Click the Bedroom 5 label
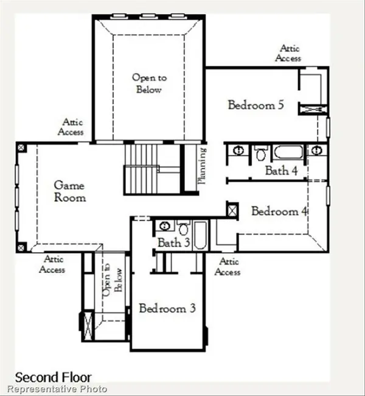255,105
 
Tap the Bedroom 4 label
279,211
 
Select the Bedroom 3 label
167,308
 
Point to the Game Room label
69,191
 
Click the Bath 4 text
280,171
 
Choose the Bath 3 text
173,242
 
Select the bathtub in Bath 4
288,152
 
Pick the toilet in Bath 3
183,228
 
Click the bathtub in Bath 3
200,236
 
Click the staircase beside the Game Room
143,169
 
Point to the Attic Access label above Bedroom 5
288,53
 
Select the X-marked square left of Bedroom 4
232,210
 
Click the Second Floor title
53,377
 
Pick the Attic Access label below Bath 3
228,267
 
